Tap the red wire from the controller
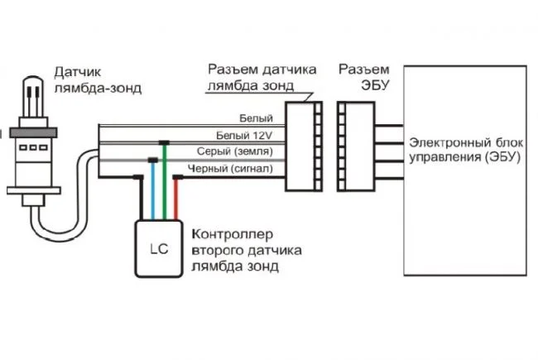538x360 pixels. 175,199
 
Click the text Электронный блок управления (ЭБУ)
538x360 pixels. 465,150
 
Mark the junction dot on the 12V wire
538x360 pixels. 164,142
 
